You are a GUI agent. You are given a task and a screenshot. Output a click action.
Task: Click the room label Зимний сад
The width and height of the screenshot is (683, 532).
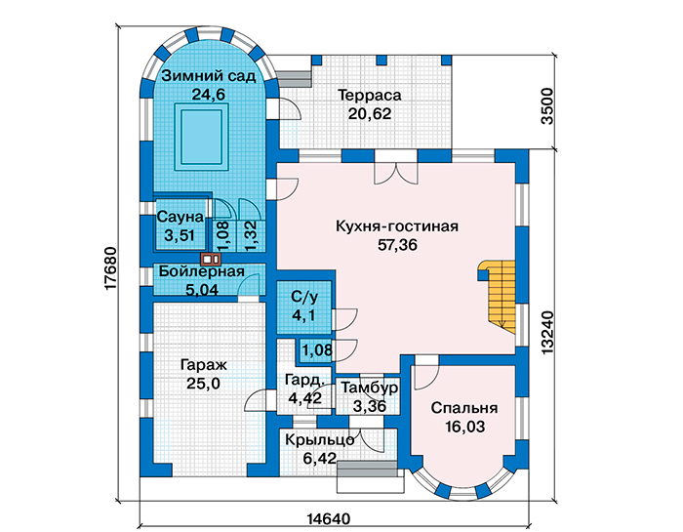pos(209,76)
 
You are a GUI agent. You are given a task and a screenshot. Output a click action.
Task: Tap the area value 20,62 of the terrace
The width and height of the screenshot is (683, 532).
pos(370,113)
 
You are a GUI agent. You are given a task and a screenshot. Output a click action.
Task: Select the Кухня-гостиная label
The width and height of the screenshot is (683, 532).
pos(397,226)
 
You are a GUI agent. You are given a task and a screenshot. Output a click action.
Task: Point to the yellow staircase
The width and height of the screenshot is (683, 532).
pos(497,296)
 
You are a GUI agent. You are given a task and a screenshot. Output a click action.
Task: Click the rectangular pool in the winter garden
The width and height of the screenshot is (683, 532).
pos(202,137)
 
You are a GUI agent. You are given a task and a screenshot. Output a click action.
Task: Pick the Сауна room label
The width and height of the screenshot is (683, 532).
pos(180,217)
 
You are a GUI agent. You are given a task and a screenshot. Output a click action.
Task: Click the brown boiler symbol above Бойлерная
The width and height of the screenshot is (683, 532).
pos(211,260)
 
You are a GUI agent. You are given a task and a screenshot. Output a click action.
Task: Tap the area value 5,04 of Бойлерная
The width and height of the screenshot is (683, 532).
pos(202,290)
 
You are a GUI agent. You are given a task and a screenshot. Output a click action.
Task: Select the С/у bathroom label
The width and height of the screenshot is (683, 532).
pos(304,297)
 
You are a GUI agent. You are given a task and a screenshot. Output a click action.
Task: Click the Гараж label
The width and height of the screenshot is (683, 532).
pos(203,365)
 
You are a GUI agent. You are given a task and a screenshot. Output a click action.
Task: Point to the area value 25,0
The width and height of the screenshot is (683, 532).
pos(203,384)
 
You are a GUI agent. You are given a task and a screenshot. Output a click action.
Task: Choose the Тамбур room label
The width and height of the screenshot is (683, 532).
pos(369,388)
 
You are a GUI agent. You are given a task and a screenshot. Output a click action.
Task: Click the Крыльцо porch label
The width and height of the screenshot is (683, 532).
pos(319,440)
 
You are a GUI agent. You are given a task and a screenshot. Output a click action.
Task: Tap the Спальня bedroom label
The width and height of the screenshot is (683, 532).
pos(464,408)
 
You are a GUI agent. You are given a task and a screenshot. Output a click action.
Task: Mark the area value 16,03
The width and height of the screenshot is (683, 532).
pos(464,427)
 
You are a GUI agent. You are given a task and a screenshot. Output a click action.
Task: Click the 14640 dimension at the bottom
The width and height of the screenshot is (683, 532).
pos(329,519)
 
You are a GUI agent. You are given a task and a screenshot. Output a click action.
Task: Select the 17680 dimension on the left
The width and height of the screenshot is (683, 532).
pos(110,268)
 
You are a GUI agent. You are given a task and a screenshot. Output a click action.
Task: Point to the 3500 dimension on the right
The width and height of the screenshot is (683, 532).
pos(547,106)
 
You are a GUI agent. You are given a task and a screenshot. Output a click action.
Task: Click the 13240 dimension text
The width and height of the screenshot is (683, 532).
pos(547,332)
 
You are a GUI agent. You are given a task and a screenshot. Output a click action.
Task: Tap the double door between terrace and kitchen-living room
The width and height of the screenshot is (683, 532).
pos(396,171)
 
